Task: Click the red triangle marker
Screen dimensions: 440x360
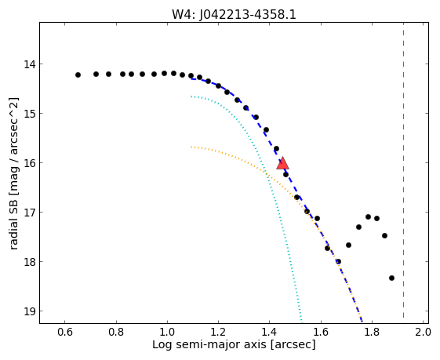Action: pyautogui.click(x=282, y=164)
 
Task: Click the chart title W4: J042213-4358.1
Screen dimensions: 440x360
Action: pyautogui.click(x=234, y=14)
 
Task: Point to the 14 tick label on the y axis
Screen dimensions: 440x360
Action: pyautogui.click(x=30, y=64)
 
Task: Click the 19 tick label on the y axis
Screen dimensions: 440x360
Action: pyautogui.click(x=30, y=311)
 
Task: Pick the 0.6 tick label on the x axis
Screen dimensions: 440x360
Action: pyautogui.click(x=65, y=332)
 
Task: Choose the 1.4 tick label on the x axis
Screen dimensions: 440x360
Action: pyautogui.click(x=269, y=332)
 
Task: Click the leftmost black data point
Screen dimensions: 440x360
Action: pyautogui.click(x=78, y=75)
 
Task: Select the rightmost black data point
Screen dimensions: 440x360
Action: pyautogui.click(x=391, y=278)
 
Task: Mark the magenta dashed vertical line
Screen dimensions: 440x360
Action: pyautogui.click(x=403, y=170)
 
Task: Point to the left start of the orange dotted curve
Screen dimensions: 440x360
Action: pyautogui.click(x=191, y=147)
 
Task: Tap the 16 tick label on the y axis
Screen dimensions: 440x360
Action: pyautogui.click(x=30, y=163)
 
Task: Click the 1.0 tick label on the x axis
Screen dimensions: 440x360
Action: pyautogui.click(x=167, y=332)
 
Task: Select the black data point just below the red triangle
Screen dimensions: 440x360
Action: pyautogui.click(x=285, y=175)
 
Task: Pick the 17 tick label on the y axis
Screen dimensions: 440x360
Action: pyautogui.click(x=30, y=213)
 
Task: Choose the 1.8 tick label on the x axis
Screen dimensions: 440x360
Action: pyautogui.click(x=372, y=332)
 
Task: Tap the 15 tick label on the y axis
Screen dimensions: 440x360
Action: pyautogui.click(x=30, y=114)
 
